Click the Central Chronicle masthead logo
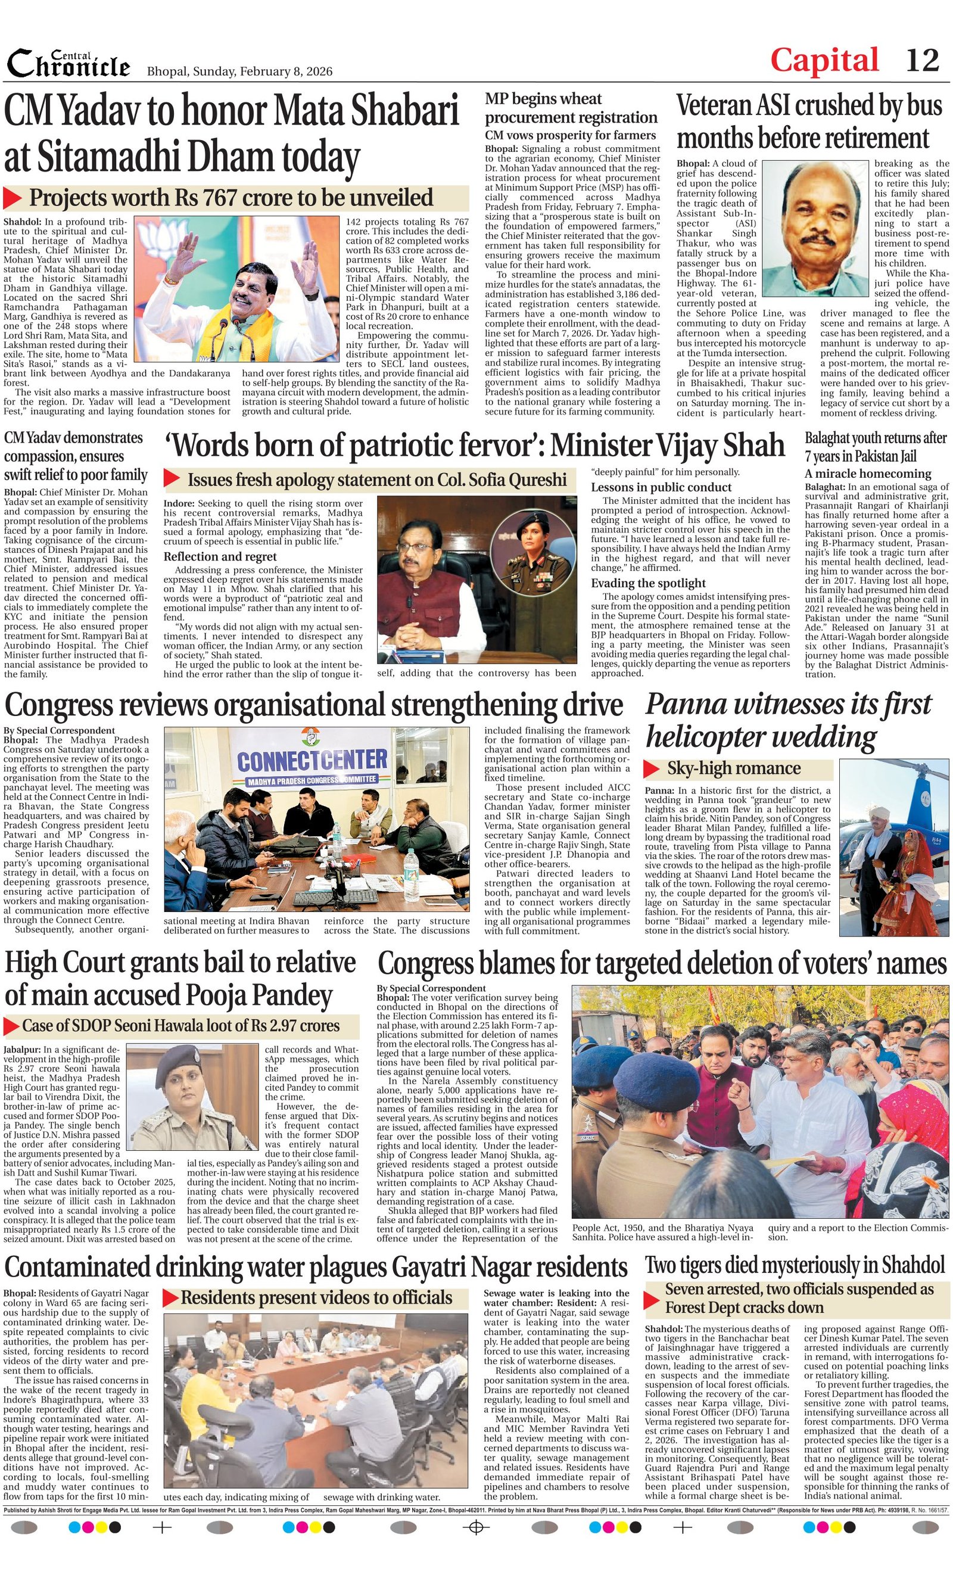pos(68,63)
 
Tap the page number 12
pos(922,61)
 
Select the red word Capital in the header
pos(824,61)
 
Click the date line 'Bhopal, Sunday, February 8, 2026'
pos(239,71)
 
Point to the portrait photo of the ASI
pos(814,228)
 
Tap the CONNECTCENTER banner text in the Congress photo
pos(312,760)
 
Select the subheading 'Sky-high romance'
pos(733,768)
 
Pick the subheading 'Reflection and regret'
pos(220,556)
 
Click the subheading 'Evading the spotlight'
pos(648,583)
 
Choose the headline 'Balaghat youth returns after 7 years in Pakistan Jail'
pos(875,447)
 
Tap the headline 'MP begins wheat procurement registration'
pos(571,108)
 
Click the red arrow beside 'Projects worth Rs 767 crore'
pos(12,198)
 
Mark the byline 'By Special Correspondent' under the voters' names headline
pos(431,988)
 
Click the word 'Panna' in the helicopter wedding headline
pos(687,705)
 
